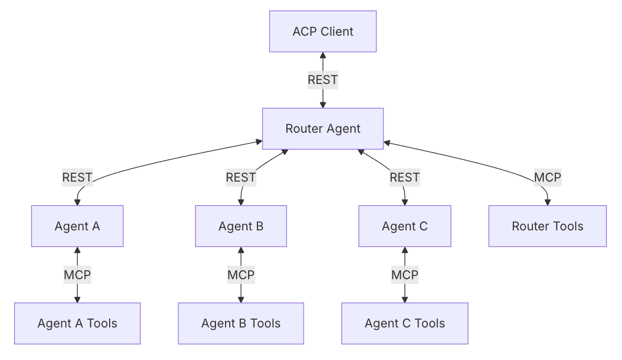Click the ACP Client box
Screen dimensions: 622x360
(x=323, y=31)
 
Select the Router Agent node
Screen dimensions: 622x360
(x=323, y=129)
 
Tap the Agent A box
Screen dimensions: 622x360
(x=77, y=226)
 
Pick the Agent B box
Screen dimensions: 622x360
(x=241, y=226)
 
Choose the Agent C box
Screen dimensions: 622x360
(x=405, y=226)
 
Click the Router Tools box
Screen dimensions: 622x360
(x=548, y=226)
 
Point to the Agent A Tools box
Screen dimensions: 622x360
(x=77, y=323)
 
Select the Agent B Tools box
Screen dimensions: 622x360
(x=241, y=323)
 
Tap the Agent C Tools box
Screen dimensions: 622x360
(x=405, y=323)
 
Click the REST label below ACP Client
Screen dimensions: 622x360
(x=323, y=80)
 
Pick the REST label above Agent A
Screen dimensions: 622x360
(x=77, y=177)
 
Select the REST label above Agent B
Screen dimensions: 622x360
(x=241, y=177)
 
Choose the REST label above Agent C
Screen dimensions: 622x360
(x=405, y=177)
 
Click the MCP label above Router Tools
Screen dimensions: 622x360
(x=548, y=177)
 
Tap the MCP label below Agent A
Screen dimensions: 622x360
(x=77, y=274)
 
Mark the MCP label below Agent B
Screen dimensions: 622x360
(x=241, y=274)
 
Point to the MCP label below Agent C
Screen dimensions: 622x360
(x=405, y=274)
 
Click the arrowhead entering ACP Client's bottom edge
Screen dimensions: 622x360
(x=323, y=55)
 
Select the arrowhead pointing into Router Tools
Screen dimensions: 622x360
(x=548, y=202)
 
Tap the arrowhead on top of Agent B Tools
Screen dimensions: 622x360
(x=241, y=300)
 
